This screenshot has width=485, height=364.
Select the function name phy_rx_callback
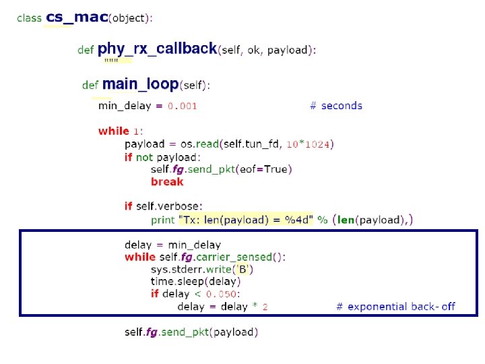[x=158, y=49]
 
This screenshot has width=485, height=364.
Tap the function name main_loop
[x=140, y=84]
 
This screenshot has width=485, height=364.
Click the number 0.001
[x=183, y=106]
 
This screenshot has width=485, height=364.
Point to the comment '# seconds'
[x=335, y=106]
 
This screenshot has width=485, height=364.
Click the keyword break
[x=167, y=181]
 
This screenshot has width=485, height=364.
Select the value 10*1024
[x=308, y=144]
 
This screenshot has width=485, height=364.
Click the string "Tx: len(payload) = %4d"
[x=245, y=220]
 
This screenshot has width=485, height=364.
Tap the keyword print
[x=162, y=220]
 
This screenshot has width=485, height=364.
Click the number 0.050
[x=222, y=294]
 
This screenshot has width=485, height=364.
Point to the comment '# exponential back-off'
[x=396, y=307]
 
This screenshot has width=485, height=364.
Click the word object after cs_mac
[x=128, y=18]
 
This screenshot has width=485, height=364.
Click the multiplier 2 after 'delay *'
[x=265, y=307]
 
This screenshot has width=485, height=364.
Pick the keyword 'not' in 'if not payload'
[x=144, y=156]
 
